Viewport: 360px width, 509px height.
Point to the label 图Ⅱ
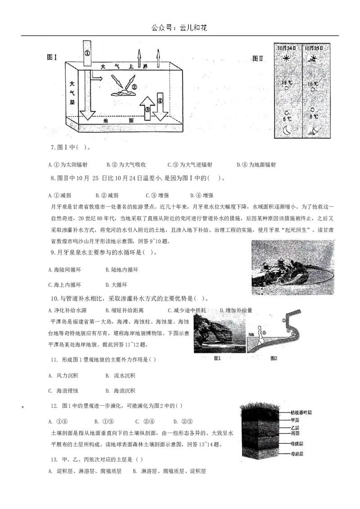point(257,58)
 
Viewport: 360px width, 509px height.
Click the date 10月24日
point(287,48)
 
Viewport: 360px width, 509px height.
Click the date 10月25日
point(315,48)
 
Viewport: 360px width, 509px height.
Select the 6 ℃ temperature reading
point(287,119)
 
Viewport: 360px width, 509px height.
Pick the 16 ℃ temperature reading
point(313,84)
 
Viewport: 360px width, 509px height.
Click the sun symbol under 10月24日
point(286,58)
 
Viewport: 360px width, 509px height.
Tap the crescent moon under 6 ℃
point(287,130)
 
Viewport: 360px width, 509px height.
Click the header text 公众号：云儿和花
point(180,27)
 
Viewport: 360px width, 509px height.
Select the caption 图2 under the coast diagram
point(274,358)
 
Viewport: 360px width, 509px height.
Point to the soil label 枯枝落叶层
point(301,411)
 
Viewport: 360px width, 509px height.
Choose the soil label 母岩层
point(297,454)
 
